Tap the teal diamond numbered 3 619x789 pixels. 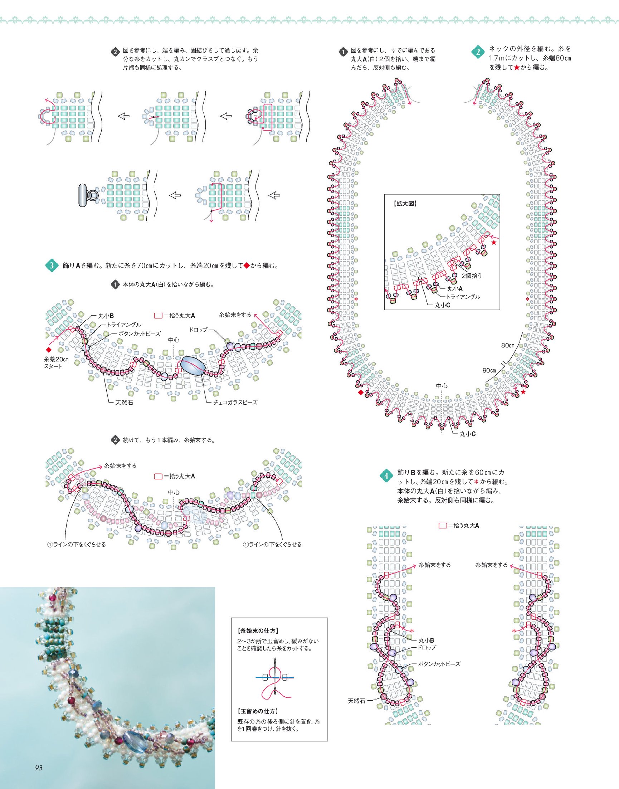52,265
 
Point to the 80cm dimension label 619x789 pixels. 508,345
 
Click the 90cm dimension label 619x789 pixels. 489,370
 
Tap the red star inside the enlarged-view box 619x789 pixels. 493,243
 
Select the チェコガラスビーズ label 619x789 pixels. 235,402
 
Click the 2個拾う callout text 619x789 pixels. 472,276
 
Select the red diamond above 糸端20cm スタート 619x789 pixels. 48,350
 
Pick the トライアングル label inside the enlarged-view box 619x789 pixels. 463,297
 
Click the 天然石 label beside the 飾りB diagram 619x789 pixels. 356,701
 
